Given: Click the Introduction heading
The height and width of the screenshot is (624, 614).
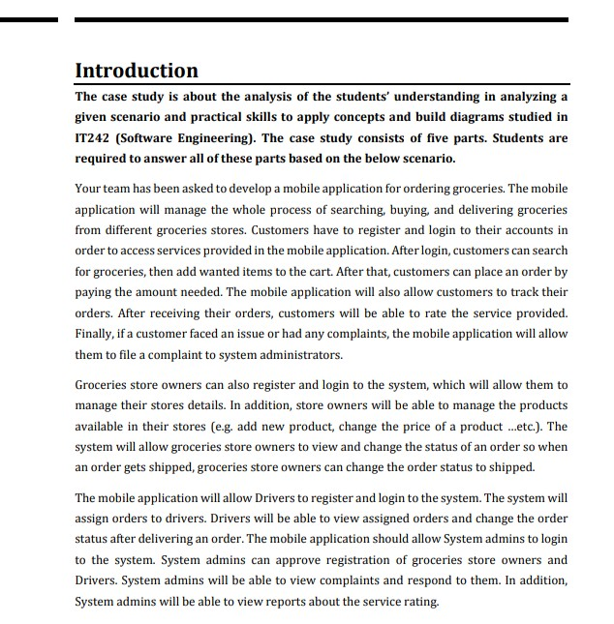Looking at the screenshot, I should pyautogui.click(x=137, y=71).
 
